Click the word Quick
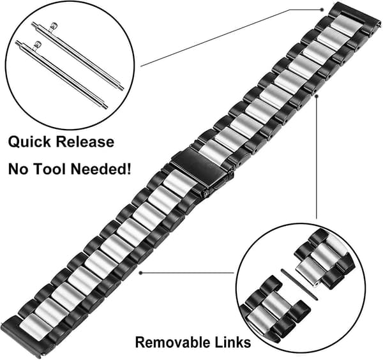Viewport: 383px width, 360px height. tap(30, 142)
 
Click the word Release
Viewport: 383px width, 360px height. tap(85, 142)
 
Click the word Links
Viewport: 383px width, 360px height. tap(233, 342)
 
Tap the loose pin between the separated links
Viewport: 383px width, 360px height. tap(299, 285)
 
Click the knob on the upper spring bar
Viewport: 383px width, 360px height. tap(54, 25)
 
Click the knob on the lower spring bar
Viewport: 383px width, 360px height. tap(38, 45)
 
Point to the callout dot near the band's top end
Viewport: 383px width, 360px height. tap(322, 10)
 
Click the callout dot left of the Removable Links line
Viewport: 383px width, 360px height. tap(140, 273)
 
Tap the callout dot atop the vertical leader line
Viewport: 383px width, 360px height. tap(317, 96)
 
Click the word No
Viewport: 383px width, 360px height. tap(19, 169)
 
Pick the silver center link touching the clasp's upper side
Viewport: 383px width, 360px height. tap(212, 151)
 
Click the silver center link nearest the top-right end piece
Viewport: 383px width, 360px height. tap(345, 24)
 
